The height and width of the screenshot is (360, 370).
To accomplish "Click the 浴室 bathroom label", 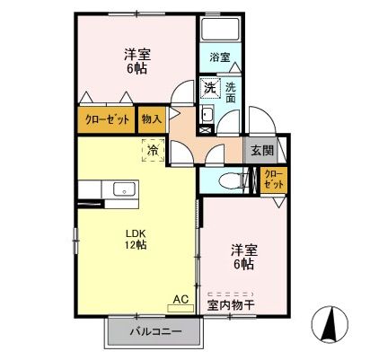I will [220, 57].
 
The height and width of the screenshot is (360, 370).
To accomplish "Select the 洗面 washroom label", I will [231, 92].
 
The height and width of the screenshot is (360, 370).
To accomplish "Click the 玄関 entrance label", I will [262, 149].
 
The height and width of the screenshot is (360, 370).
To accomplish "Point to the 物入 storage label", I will [151, 118].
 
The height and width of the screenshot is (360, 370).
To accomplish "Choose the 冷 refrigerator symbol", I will [153, 151].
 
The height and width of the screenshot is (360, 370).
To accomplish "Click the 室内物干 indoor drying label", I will [231, 303].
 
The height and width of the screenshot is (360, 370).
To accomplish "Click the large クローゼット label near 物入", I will [105, 118].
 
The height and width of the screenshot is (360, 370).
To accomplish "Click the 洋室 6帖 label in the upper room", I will [137, 61].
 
